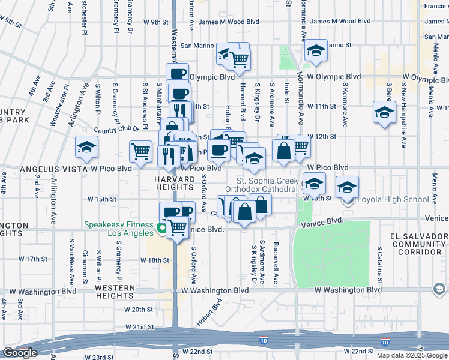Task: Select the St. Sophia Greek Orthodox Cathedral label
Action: [x=267, y=185]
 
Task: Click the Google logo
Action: [x=19, y=353]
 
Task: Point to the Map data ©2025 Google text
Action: [x=411, y=355]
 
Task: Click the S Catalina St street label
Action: [x=380, y=265]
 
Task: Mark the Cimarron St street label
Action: [x=85, y=267]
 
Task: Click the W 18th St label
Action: [x=155, y=260]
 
